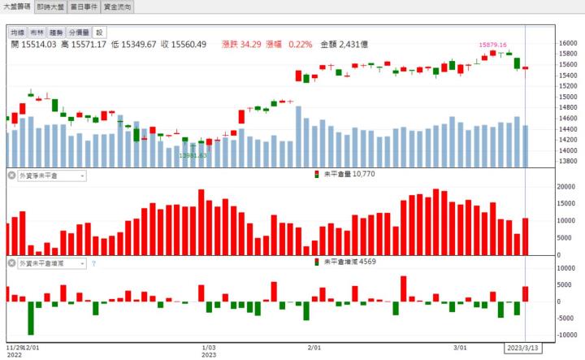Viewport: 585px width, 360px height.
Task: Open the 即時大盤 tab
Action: coord(52,7)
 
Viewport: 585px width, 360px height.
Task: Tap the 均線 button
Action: coord(17,33)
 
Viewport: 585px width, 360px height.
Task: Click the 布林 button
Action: coord(37,33)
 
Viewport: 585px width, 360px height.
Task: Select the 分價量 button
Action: coord(80,33)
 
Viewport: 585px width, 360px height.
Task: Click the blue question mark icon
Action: coord(93,263)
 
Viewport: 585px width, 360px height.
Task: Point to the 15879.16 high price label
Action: coord(492,45)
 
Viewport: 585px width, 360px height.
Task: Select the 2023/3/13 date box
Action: coord(522,347)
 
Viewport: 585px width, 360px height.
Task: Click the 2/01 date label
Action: coord(314,347)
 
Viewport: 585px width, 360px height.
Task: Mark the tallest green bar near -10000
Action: coord(31,318)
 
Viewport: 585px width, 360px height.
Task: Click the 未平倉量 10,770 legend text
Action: coord(348,174)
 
